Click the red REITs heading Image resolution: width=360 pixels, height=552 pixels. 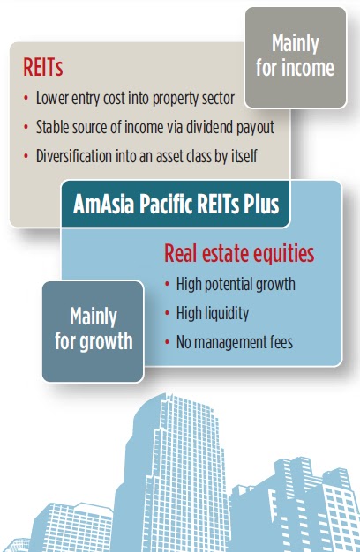click(x=42, y=67)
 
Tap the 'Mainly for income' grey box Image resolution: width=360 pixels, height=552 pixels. click(x=296, y=57)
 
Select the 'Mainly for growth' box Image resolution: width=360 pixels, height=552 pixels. click(x=93, y=332)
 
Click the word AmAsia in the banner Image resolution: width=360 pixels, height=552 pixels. click(x=104, y=205)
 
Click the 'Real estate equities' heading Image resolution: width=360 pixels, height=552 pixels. click(x=239, y=253)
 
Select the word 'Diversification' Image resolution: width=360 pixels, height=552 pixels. click(x=74, y=156)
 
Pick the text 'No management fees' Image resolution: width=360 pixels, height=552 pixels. click(x=235, y=342)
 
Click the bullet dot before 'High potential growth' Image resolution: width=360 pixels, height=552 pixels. click(x=167, y=284)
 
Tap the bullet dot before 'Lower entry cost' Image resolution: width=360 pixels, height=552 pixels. click(x=26, y=98)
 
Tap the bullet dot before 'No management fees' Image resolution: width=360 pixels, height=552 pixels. click(x=167, y=342)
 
